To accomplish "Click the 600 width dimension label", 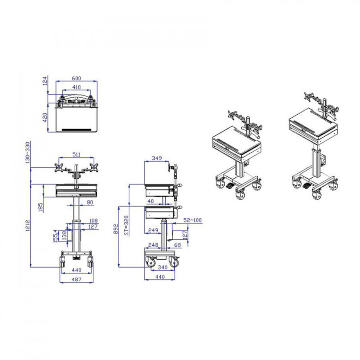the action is click(76, 78).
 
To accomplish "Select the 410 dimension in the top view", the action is click(76, 87).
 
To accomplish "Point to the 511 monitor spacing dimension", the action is click(76, 154).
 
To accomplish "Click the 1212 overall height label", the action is click(27, 225).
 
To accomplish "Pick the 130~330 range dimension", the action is click(27, 153).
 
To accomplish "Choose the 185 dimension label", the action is click(40, 207).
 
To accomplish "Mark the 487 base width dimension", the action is click(76, 279).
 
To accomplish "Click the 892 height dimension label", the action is click(116, 229).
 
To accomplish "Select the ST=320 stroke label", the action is click(126, 225).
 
